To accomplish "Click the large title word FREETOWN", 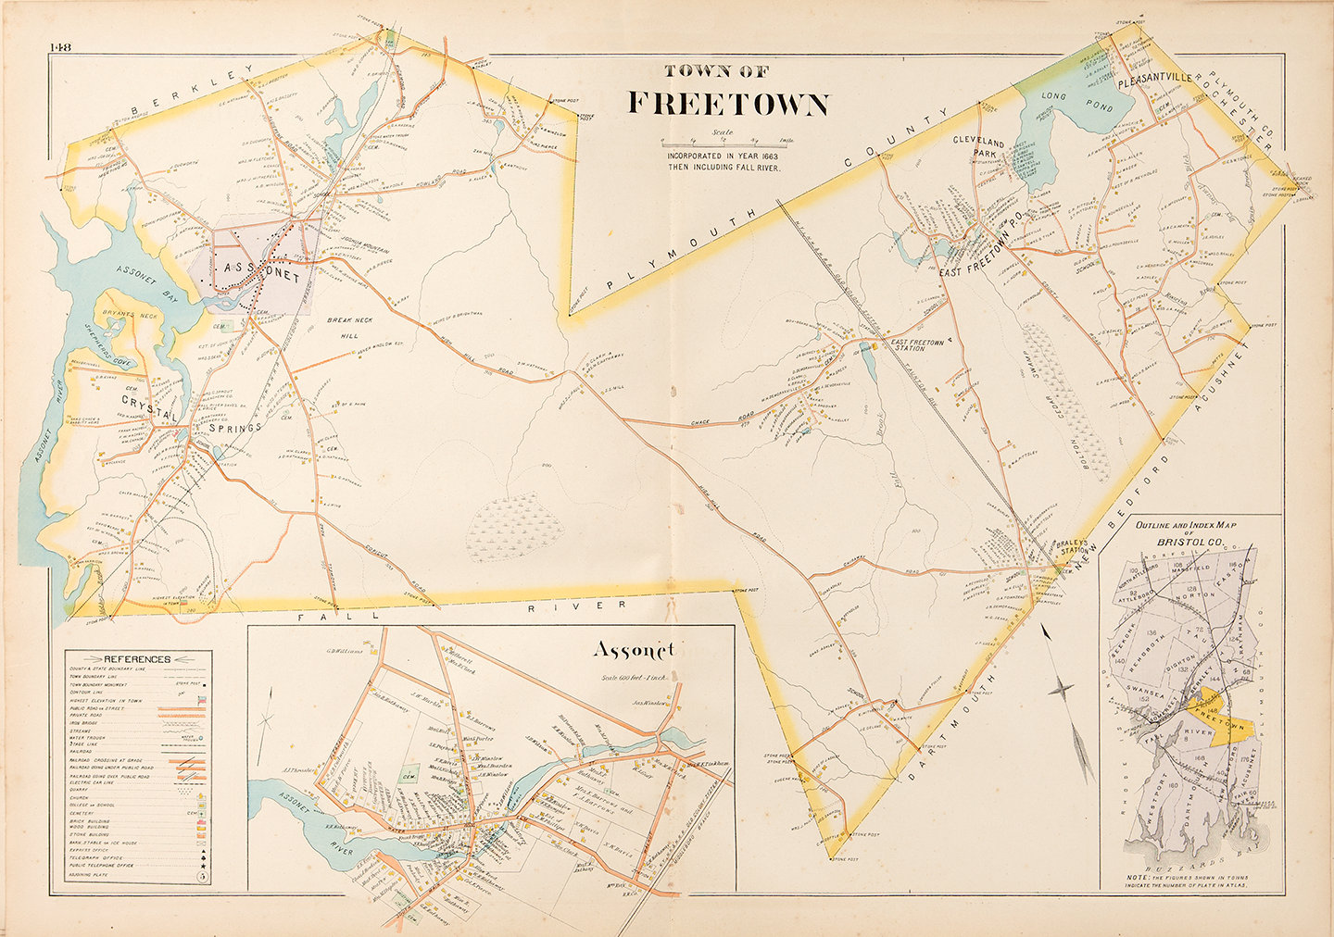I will click(728, 103).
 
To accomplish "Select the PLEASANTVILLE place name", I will click(1155, 81).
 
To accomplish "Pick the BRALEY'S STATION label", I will click(1073, 551).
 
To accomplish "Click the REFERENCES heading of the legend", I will click(137, 658).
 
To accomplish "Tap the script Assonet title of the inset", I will click(634, 651).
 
